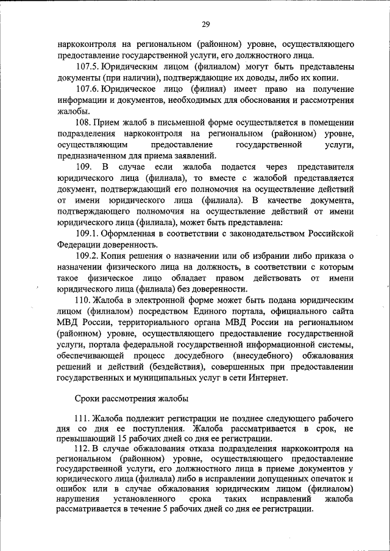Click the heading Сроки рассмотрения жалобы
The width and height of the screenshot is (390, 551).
(x=132, y=399)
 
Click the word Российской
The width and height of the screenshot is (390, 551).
(x=328, y=234)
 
